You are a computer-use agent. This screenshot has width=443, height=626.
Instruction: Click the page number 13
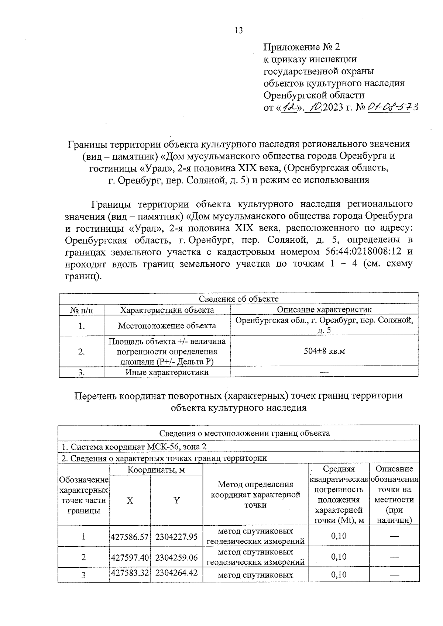238,30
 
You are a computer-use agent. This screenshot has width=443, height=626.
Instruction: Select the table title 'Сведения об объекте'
238,298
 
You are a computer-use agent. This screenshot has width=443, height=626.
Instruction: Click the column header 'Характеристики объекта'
167,310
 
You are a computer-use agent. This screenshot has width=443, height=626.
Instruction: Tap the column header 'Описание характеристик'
324,309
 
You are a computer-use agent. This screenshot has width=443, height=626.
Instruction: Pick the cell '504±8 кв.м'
324,351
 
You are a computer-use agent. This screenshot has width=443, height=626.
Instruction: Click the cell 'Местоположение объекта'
167,326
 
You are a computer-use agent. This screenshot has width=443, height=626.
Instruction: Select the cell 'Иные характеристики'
167,372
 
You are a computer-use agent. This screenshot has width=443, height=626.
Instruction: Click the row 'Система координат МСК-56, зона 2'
134,446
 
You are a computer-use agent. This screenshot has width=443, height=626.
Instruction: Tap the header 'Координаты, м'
156,470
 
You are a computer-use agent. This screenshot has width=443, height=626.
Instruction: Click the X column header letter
130,501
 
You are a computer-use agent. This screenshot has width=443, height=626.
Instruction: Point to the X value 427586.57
130,537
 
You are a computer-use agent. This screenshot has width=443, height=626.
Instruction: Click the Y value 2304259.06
176,557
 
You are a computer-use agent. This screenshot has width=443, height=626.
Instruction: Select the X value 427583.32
130,573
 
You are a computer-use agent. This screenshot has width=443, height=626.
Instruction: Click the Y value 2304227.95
176,537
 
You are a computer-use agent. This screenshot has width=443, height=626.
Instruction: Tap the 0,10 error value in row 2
339,557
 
